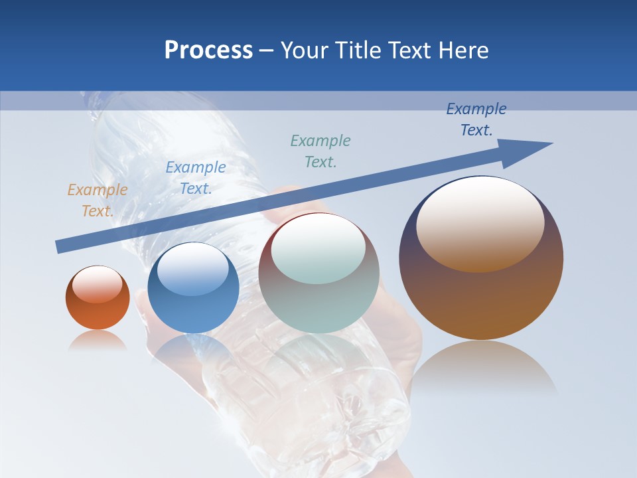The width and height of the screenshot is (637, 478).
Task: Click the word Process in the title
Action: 208,50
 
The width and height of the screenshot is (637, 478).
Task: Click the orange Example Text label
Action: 97,200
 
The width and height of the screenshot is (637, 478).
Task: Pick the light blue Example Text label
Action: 195,177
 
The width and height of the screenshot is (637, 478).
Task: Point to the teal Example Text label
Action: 320,151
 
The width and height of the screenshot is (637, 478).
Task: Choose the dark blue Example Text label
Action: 476,119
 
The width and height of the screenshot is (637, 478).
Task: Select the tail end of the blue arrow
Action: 63,246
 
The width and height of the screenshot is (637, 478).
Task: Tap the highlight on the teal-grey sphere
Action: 318,247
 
